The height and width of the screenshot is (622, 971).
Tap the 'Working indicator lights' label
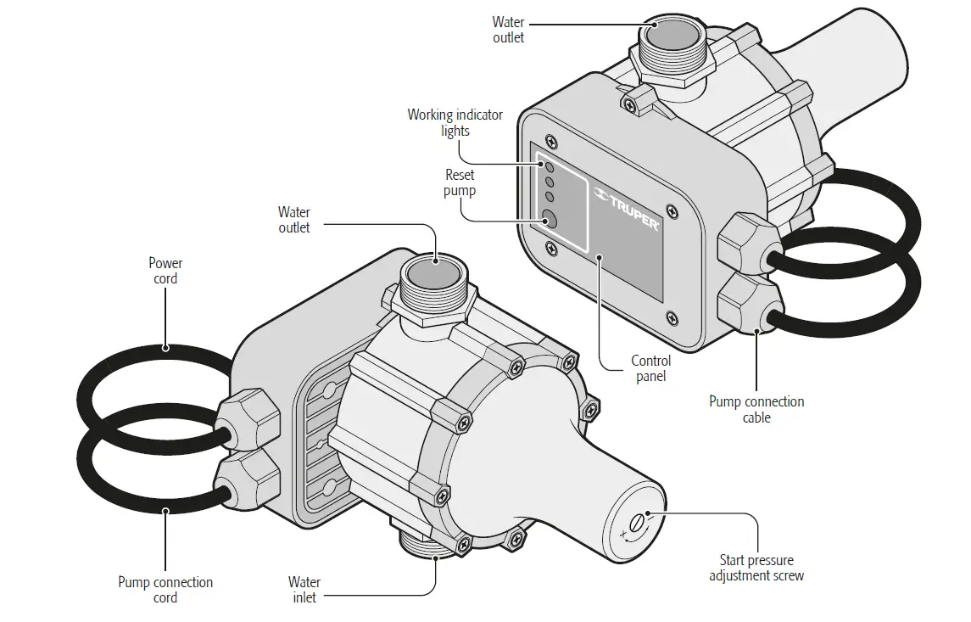click(455, 122)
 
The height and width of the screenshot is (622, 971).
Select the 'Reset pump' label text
click(460, 182)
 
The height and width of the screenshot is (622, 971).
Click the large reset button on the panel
click(549, 219)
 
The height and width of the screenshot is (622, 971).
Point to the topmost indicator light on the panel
click(549, 167)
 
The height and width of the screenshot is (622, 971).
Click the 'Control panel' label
click(650, 368)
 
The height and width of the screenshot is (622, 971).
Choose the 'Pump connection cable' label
click(756, 409)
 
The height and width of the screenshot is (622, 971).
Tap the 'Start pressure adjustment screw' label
click(756, 568)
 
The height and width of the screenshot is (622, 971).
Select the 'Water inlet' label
click(304, 590)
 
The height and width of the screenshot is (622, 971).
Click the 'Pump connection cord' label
click(165, 590)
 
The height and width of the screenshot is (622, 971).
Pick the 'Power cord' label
click(165, 271)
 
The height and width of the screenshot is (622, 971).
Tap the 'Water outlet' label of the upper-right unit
click(508, 30)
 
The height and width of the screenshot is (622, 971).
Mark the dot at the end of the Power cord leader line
click(166, 347)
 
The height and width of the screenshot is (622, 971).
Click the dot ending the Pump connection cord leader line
click(166, 511)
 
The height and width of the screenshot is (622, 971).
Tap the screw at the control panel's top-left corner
click(552, 141)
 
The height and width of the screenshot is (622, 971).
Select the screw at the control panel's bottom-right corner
click(672, 319)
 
